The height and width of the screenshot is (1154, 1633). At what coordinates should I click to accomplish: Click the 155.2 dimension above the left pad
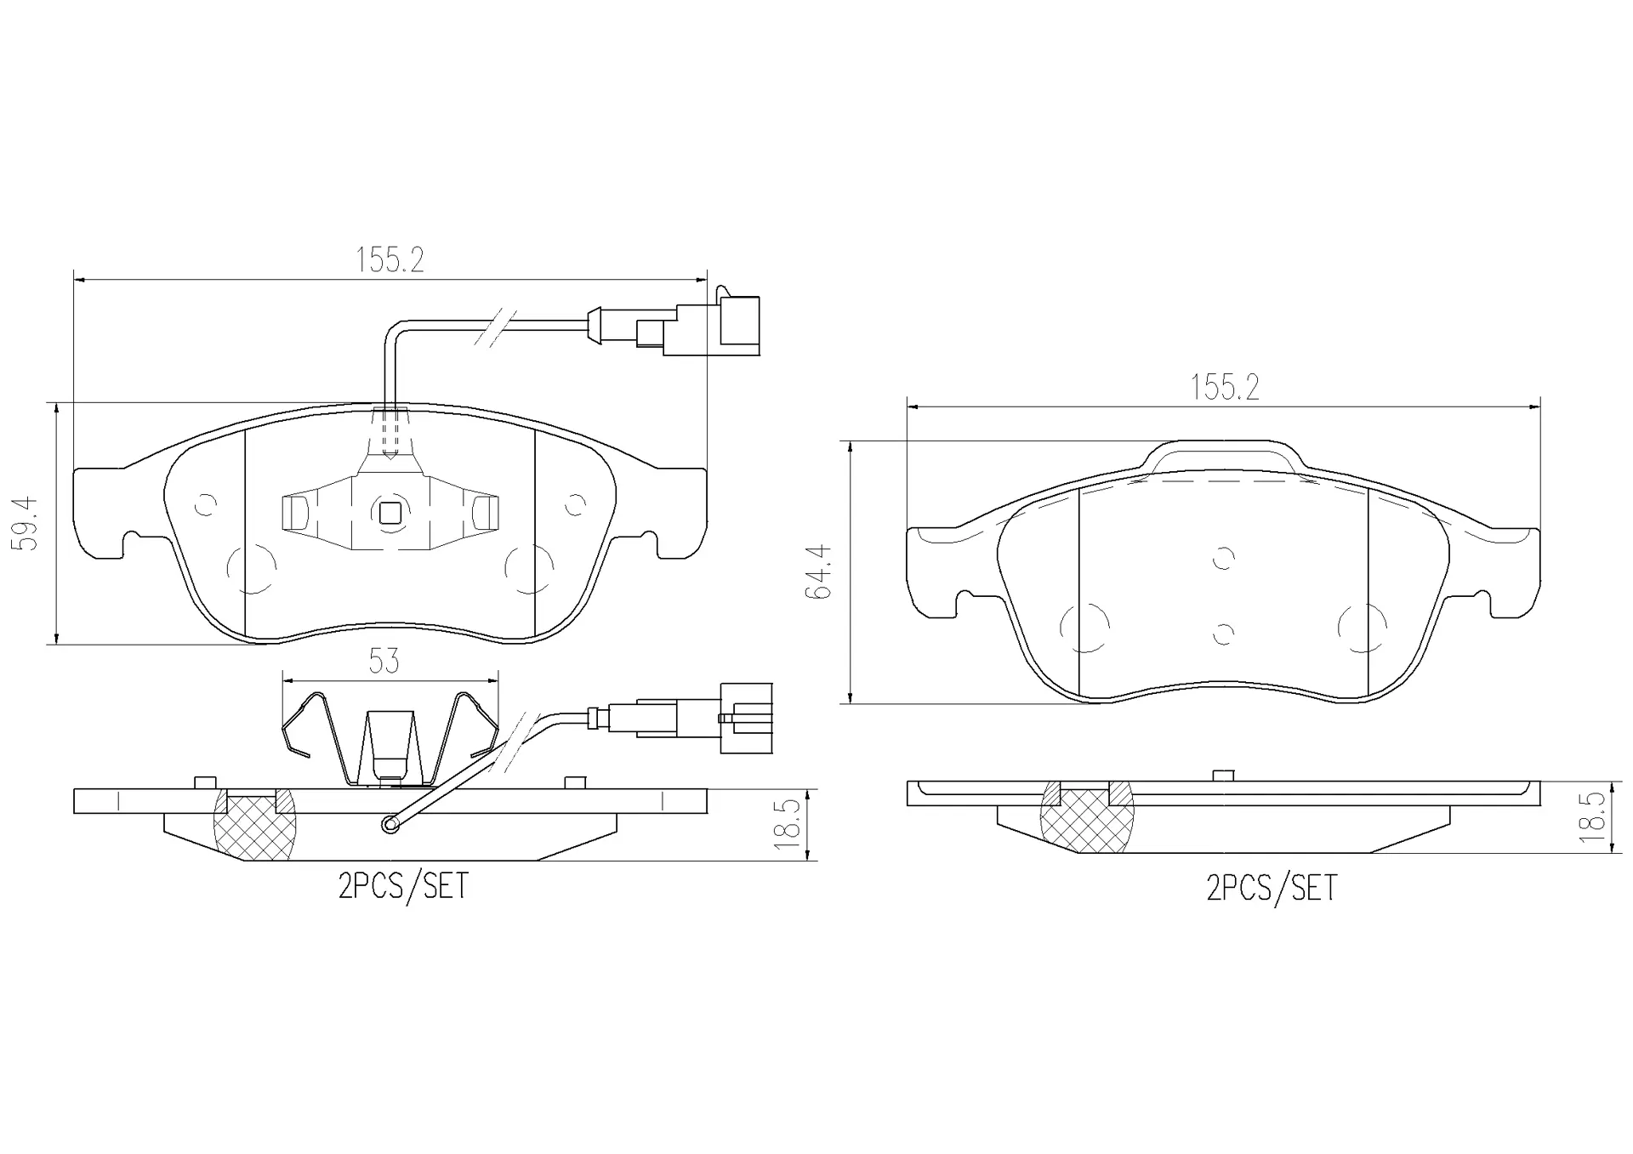[390, 259]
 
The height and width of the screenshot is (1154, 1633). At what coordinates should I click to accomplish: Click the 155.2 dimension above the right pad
[1224, 388]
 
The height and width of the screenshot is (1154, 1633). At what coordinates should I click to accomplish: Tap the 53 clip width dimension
[384, 660]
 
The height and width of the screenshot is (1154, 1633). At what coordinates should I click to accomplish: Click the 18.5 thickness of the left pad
[788, 825]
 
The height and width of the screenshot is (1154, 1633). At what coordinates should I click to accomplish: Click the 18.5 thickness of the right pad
[1591, 817]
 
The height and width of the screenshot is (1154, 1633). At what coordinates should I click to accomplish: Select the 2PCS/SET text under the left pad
[403, 886]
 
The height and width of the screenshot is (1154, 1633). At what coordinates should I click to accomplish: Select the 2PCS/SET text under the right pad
[1272, 888]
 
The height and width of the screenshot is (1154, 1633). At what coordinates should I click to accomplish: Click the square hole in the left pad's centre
[390, 513]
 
